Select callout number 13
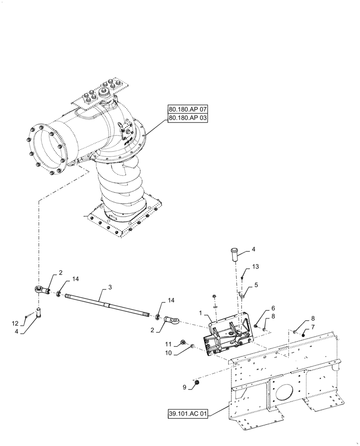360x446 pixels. (x=254, y=267)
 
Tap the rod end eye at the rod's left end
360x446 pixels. (x=42, y=290)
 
